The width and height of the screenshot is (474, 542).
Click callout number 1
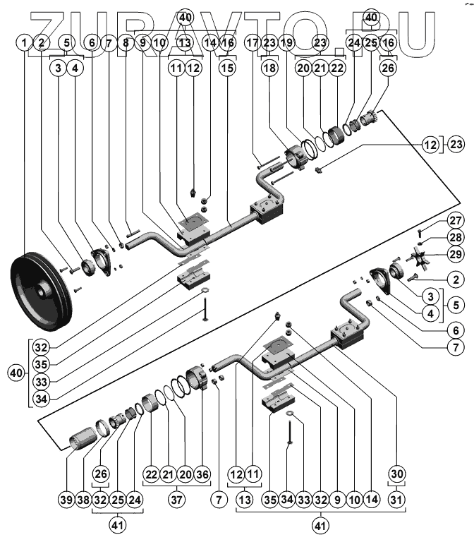pyautogui.click(x=26, y=43)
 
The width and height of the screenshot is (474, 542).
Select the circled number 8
pyautogui.click(x=126, y=43)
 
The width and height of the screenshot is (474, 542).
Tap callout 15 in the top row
pyautogui.click(x=227, y=68)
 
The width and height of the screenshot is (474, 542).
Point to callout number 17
pyautogui.click(x=253, y=43)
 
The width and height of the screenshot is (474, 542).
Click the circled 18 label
pyautogui.click(x=269, y=68)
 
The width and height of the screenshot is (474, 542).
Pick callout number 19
pyautogui.click(x=286, y=43)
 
